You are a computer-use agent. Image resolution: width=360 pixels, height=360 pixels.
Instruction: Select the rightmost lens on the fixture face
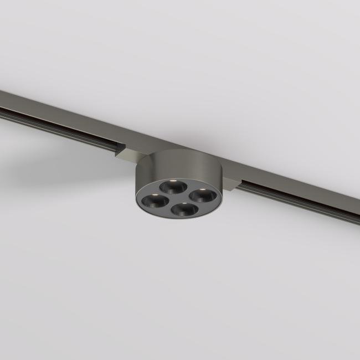pyautogui.click(x=200, y=196)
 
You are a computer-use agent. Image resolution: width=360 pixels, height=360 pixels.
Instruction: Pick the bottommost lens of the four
pyautogui.click(x=182, y=210)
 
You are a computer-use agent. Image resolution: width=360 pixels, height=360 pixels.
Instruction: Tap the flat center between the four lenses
pyautogui.click(x=177, y=198)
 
